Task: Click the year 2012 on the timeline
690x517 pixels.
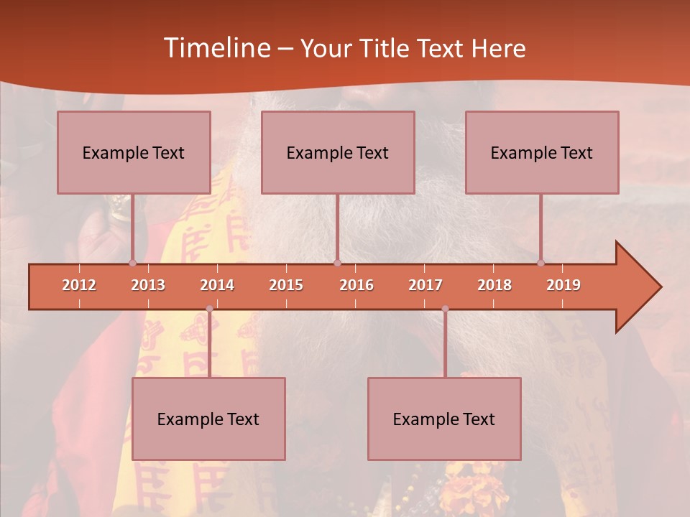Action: click(79, 285)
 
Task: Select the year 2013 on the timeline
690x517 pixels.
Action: click(148, 285)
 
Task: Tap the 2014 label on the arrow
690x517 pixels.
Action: click(217, 285)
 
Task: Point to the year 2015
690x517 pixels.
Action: click(286, 285)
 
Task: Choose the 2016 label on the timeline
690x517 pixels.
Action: click(356, 285)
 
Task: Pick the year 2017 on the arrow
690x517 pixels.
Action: click(425, 285)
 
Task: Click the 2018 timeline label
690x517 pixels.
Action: click(494, 285)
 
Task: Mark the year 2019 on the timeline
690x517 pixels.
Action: click(563, 285)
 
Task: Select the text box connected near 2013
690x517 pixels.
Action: click(134, 152)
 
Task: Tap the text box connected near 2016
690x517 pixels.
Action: click(338, 152)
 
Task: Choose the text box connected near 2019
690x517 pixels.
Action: click(542, 152)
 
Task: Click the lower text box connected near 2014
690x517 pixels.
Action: click(208, 419)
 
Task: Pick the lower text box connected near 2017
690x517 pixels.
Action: click(444, 419)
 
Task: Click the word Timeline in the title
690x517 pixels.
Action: click(216, 47)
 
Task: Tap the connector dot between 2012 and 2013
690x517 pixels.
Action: click(132, 263)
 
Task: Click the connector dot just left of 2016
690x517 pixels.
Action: click(337, 263)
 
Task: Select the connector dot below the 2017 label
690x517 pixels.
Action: click(445, 309)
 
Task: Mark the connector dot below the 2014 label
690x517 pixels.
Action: click(209, 309)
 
